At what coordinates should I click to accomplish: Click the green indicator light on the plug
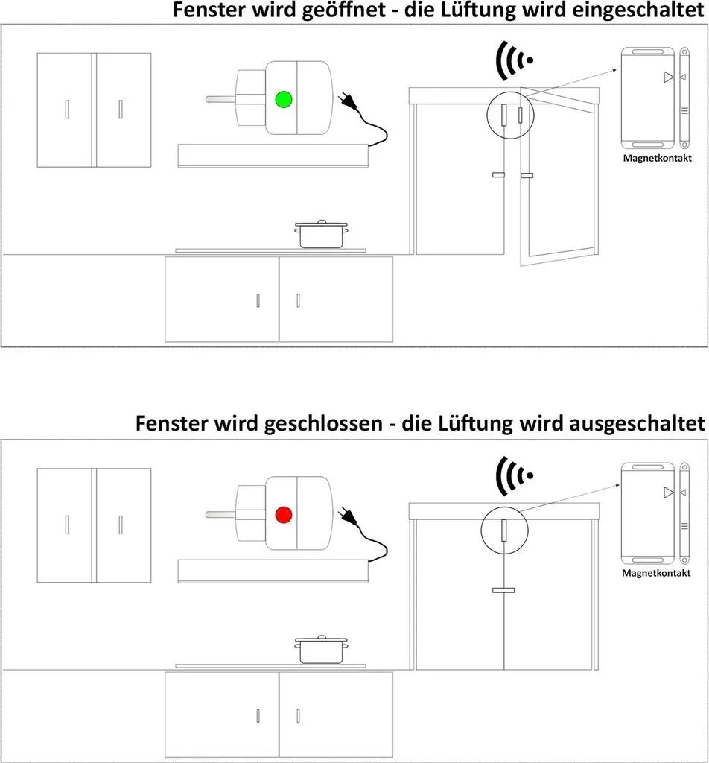[284, 99]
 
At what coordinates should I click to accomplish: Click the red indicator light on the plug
[284, 515]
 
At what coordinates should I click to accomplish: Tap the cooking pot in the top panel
[321, 234]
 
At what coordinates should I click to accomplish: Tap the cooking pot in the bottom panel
[321, 649]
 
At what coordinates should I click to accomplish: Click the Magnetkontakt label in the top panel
[657, 158]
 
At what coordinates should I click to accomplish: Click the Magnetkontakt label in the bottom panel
[656, 573]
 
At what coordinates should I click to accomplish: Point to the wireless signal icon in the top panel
[514, 60]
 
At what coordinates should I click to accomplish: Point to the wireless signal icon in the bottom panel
[514, 475]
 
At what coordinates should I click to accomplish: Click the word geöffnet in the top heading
[343, 10]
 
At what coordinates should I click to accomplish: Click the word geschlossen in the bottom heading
[323, 423]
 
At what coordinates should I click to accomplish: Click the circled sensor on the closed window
[504, 531]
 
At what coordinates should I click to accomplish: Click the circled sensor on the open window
[510, 115]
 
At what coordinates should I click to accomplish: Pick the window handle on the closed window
[503, 590]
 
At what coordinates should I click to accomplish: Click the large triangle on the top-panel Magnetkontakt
[669, 77]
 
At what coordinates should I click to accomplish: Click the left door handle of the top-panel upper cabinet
[67, 110]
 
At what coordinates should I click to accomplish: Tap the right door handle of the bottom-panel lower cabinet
[298, 716]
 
